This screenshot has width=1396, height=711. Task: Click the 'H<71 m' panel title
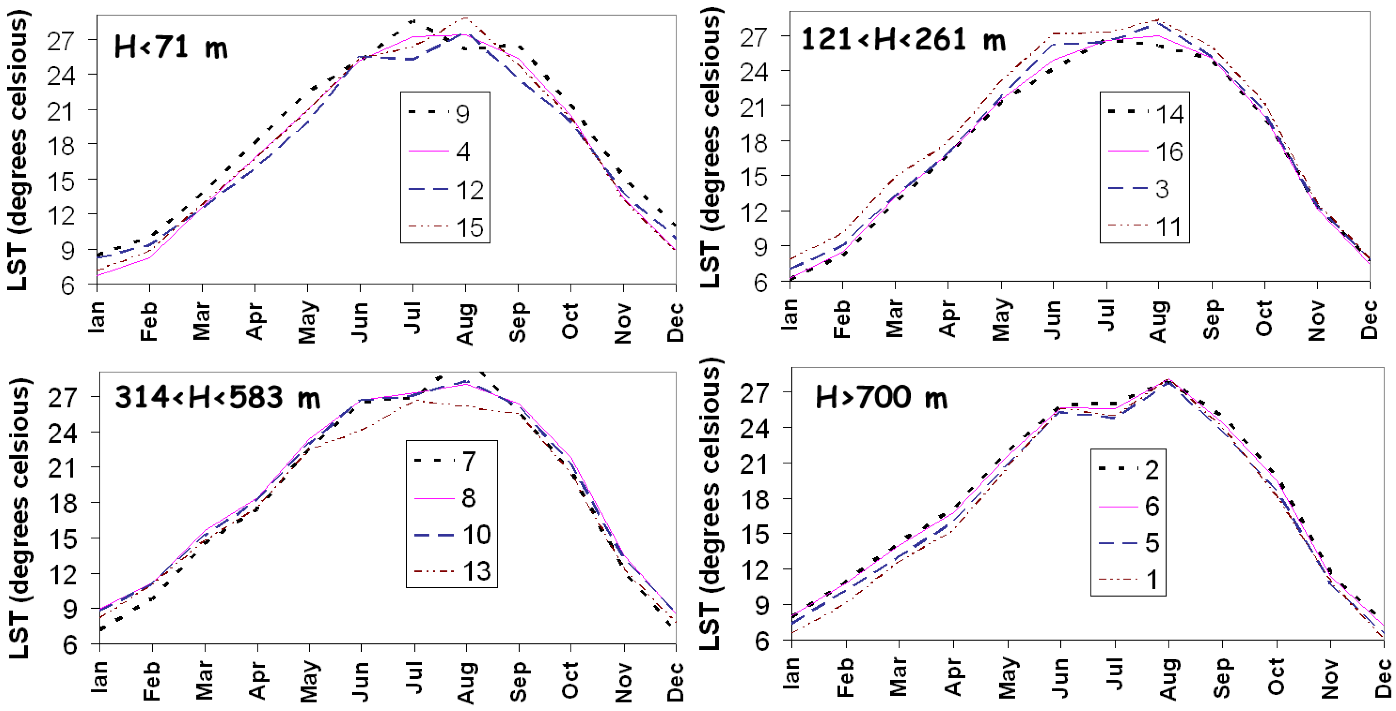[171, 47]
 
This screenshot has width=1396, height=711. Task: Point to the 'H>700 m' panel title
[882, 399]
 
